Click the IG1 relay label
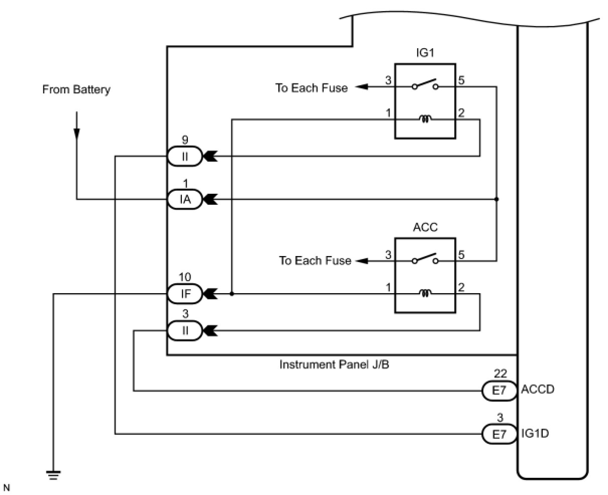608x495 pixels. point(425,53)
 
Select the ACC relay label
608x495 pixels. point(425,227)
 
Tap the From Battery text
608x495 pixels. point(76,90)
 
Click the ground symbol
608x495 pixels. point(53,474)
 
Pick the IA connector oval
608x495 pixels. point(185,200)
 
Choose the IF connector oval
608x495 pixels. point(185,294)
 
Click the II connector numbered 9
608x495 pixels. point(185,156)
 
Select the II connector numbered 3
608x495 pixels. point(185,330)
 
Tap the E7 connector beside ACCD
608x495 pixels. point(499,391)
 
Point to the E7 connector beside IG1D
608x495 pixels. point(499,434)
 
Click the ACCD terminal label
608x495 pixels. point(538,390)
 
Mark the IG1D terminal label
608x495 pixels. point(535,433)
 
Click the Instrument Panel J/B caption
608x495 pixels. point(334,365)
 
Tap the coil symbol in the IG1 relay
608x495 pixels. point(426,119)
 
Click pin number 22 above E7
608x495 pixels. point(500,374)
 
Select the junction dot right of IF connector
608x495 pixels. point(232,294)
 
